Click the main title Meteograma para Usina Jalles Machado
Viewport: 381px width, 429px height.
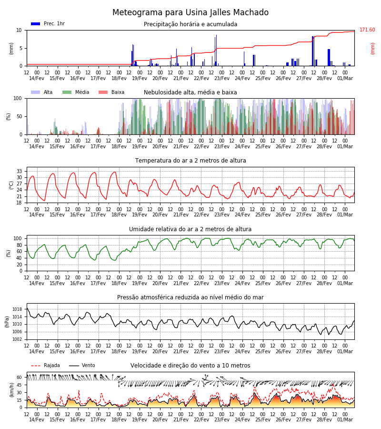pyautogui.click(x=190, y=12)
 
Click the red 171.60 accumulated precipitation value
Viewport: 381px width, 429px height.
pyautogui.click(x=367, y=30)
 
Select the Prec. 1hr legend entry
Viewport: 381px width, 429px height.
pyautogui.click(x=48, y=23)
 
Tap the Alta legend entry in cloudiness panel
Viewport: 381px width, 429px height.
pyautogui.click(x=42, y=92)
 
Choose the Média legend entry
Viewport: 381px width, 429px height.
pyautogui.click(x=76, y=92)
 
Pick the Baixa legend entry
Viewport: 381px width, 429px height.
pyautogui.click(x=111, y=92)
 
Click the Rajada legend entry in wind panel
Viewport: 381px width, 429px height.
pyautogui.click(x=45, y=365)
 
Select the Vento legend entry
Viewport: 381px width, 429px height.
pyautogui.click(x=82, y=365)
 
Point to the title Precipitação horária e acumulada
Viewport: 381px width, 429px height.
pyautogui.click(x=190, y=24)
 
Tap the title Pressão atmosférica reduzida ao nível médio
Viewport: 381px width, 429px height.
pyautogui.click(x=190, y=297)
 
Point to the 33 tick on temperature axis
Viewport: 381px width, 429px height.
pyautogui.click(x=19, y=171)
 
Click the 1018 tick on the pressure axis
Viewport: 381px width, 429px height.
pyautogui.click(x=17, y=309)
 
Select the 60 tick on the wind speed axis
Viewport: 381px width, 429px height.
pyautogui.click(x=19, y=378)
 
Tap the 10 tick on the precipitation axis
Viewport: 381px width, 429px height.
pyautogui.click(x=19, y=30)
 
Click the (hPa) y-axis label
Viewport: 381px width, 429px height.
pyautogui.click(x=7, y=322)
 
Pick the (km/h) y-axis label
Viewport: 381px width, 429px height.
pyautogui.click(x=11, y=390)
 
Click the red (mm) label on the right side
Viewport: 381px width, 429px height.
pyautogui.click(x=372, y=49)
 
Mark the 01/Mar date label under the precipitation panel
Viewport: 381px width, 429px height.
pyautogui.click(x=345, y=78)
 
